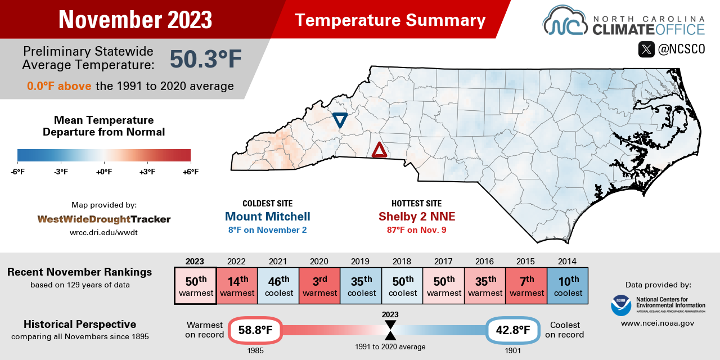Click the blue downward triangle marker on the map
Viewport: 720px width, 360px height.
(340, 120)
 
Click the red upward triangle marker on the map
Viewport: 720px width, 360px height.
(380, 150)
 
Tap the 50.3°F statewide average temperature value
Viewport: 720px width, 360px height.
(205, 59)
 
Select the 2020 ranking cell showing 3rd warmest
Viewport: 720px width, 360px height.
(319, 286)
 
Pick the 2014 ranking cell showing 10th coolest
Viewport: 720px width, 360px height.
(567, 286)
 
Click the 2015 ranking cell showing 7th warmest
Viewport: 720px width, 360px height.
(526, 286)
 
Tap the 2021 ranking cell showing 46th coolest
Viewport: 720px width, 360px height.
(278, 286)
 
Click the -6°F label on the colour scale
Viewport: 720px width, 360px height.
(17, 172)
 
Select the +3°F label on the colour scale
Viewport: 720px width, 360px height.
(147, 172)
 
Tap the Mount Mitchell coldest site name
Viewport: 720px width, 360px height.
(267, 217)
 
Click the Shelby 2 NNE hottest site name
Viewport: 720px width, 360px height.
(416, 217)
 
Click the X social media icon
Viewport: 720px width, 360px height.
(646, 49)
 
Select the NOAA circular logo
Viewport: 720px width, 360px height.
(620, 305)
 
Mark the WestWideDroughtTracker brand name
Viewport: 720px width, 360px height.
(104, 219)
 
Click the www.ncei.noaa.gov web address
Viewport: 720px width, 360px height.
(658, 323)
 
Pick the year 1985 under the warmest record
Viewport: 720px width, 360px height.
(255, 350)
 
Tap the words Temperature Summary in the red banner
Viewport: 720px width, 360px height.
(390, 20)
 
